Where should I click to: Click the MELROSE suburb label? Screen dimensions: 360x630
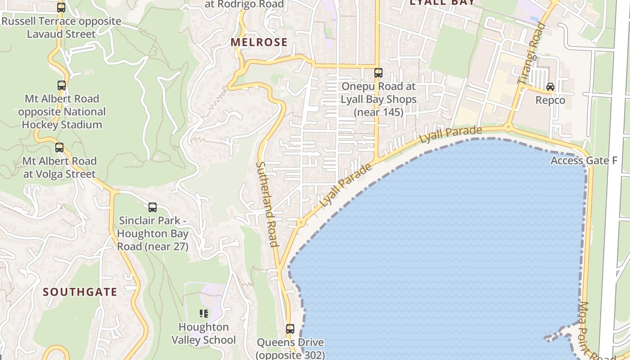tap(259, 42)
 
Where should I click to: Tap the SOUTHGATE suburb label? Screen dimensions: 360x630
tap(80, 292)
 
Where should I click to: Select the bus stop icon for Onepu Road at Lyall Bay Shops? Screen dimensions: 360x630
tap(378, 73)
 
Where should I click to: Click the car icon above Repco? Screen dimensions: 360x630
tap(550, 87)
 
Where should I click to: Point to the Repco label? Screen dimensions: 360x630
tap(550, 100)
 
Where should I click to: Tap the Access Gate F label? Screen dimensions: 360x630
tap(584, 161)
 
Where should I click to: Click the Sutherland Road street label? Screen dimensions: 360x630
tap(266, 204)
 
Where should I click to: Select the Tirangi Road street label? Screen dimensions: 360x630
tap(531, 53)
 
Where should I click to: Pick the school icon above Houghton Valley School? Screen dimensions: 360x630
tap(203, 314)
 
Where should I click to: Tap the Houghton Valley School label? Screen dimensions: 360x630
tap(203, 333)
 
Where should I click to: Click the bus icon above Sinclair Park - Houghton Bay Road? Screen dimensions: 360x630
tap(153, 207)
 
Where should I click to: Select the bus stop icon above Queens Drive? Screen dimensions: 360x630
tap(290, 329)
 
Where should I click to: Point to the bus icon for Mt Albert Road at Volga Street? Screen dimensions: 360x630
tap(59, 148)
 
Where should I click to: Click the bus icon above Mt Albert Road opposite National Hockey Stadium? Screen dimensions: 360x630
tap(62, 85)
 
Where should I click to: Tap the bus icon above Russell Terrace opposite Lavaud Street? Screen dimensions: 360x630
tap(61, 8)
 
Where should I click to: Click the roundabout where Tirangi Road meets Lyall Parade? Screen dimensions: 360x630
tap(508, 127)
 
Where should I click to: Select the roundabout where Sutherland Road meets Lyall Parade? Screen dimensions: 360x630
tap(300, 222)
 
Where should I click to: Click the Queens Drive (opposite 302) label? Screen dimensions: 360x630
tap(290, 349)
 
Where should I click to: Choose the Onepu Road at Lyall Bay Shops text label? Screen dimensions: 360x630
tap(378, 99)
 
